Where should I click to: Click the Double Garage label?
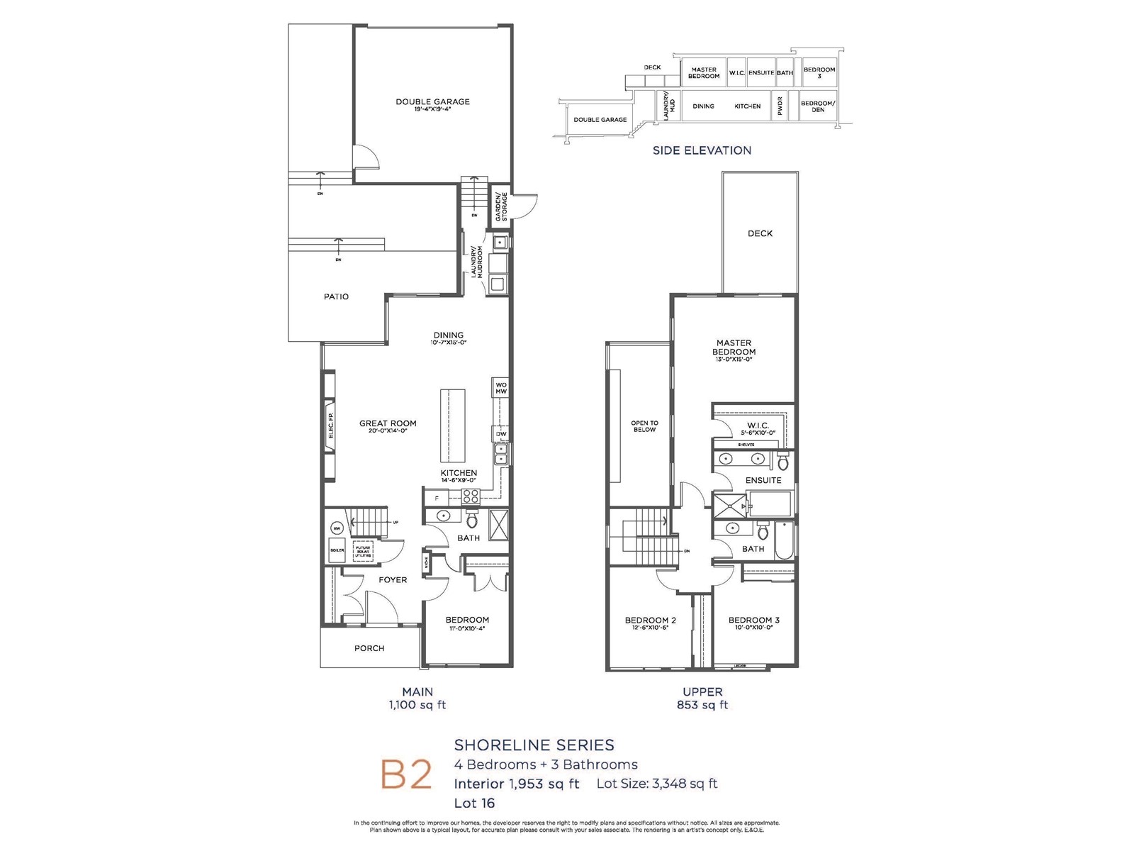pyautogui.click(x=432, y=101)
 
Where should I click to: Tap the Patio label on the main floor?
pyautogui.click(x=336, y=296)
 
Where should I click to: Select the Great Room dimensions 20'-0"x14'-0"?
pyautogui.click(x=388, y=431)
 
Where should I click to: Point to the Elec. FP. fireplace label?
pyautogui.click(x=330, y=425)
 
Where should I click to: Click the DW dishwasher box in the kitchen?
pyautogui.click(x=500, y=434)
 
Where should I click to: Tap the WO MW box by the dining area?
pyautogui.click(x=500, y=387)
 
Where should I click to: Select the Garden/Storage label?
pyautogui.click(x=500, y=206)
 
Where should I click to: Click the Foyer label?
pyautogui.click(x=393, y=579)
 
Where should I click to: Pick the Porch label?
pyautogui.click(x=369, y=648)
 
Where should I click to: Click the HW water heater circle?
pyautogui.click(x=337, y=528)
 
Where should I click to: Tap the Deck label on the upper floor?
pyautogui.click(x=760, y=233)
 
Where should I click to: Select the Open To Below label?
pyautogui.click(x=644, y=425)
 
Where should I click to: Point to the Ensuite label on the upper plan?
pyautogui.click(x=763, y=480)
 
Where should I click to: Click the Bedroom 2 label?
pyautogui.click(x=650, y=620)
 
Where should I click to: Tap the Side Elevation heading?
pyautogui.click(x=702, y=150)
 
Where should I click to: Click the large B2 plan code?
pyautogui.click(x=406, y=774)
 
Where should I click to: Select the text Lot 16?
pyautogui.click(x=474, y=803)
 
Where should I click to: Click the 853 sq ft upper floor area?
pyautogui.click(x=702, y=705)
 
